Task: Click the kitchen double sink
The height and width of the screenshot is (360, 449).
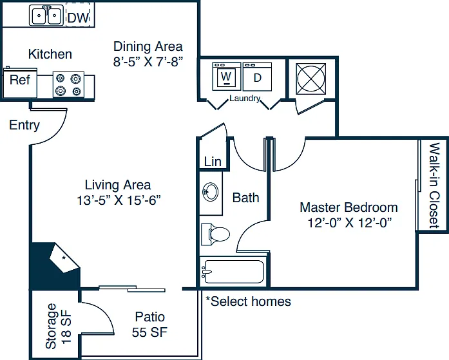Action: point(46,15)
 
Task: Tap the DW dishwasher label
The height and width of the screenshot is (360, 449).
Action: point(78,18)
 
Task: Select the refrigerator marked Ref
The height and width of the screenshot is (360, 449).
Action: point(20,82)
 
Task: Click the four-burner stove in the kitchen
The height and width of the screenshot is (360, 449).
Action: point(68,84)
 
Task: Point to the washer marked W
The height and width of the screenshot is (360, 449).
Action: point(227,77)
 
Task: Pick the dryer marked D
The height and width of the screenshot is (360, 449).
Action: point(257,77)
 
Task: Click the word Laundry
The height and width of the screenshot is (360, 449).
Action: point(245,99)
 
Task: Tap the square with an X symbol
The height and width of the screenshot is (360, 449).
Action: point(310,79)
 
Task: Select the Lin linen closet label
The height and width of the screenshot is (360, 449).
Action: point(213,162)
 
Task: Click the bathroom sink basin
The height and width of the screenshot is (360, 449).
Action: point(211,192)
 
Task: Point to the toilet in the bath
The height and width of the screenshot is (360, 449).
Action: point(215,234)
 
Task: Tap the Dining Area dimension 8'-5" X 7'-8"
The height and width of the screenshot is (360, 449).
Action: point(148,62)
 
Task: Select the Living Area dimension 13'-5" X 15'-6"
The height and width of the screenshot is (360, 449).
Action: point(119,200)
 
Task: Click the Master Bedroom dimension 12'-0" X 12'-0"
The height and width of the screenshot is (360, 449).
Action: point(349,222)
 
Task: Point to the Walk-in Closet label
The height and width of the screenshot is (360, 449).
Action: point(434,185)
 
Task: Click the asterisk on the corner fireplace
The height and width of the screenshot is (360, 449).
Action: point(64,258)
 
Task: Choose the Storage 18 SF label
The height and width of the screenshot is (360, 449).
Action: point(58,327)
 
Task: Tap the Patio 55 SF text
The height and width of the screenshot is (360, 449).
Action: point(149,325)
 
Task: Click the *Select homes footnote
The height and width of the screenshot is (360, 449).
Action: point(248,301)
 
